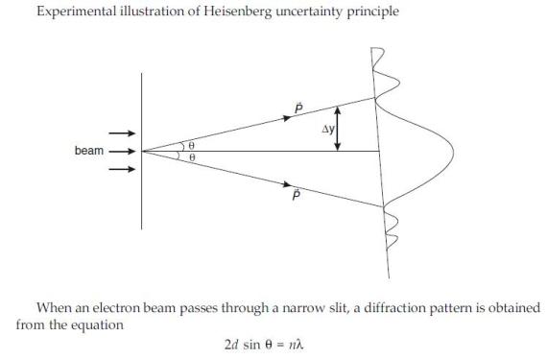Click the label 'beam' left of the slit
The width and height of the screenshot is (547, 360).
tap(87, 151)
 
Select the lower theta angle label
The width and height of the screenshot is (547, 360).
tap(193, 157)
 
